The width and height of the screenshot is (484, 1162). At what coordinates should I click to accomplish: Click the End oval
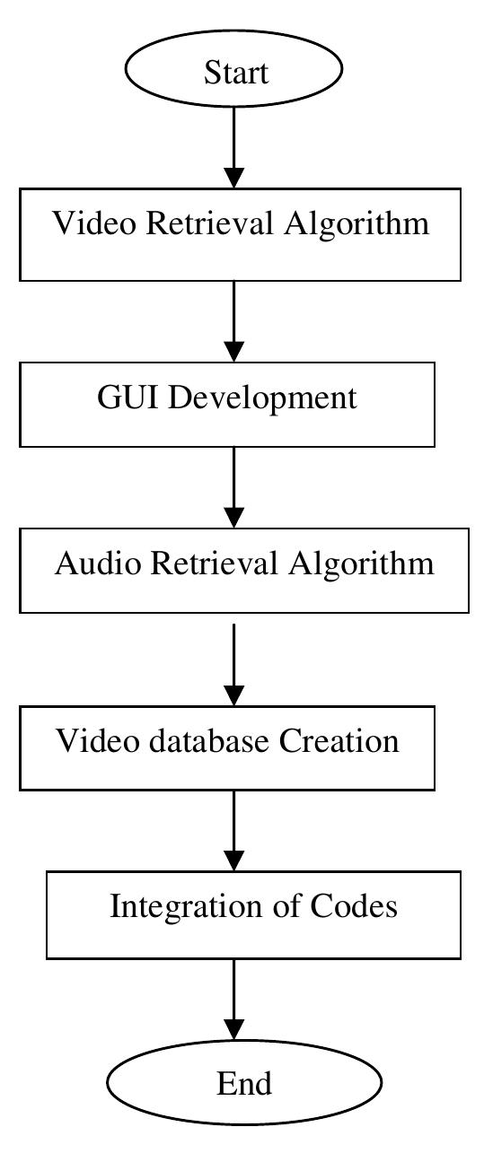pyautogui.click(x=244, y=1083)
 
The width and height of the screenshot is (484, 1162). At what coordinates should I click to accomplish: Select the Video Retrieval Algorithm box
pyautogui.click(x=240, y=234)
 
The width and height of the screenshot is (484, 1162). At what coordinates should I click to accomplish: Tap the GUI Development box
pyautogui.click(x=227, y=404)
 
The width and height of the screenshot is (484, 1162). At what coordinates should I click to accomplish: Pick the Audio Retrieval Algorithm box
pyautogui.click(x=244, y=571)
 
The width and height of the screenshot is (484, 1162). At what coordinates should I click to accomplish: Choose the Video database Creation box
pyautogui.click(x=227, y=747)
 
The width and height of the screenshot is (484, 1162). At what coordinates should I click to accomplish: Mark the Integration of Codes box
pyautogui.click(x=253, y=913)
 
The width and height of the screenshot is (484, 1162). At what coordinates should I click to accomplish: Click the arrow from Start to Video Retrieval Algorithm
pyautogui.click(x=233, y=148)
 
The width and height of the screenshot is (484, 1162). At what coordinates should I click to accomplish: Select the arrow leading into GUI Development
pyautogui.click(x=233, y=321)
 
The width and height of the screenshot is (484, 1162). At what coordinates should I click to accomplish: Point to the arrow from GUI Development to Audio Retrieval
pyautogui.click(x=233, y=487)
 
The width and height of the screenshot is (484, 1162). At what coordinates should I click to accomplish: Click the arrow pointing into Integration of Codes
pyautogui.click(x=233, y=830)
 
